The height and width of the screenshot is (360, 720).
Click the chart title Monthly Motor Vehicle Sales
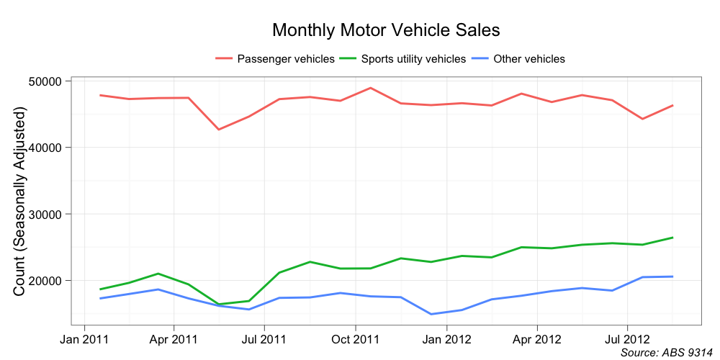385,30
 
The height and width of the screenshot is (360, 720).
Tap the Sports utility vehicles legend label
413,59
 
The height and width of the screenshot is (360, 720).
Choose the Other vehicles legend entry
528,59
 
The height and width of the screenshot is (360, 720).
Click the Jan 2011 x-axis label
85,338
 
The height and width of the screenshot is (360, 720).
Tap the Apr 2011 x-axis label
174,338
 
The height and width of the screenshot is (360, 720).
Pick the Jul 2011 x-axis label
264,338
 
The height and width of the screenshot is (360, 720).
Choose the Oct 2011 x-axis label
356,338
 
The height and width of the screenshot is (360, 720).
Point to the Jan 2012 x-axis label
447,338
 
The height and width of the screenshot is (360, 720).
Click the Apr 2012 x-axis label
537,338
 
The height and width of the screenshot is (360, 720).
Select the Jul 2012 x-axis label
627,338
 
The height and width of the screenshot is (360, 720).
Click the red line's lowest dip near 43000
219,130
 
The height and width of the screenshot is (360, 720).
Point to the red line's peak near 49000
370,88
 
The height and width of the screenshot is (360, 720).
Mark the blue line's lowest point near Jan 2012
431,314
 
